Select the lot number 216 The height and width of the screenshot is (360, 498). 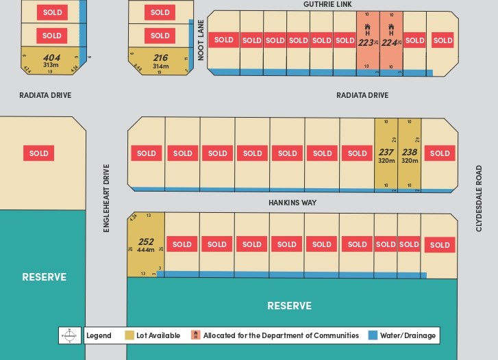(x=160, y=58)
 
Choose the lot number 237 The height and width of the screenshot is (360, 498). (x=386, y=153)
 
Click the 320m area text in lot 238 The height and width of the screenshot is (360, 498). (x=410, y=161)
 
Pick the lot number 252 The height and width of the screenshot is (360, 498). (x=146, y=242)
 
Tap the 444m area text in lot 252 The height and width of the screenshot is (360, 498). (x=146, y=250)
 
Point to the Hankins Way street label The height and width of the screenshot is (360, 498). (x=293, y=203)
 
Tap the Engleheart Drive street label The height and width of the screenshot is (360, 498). (x=107, y=198)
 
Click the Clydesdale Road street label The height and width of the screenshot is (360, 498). (x=479, y=198)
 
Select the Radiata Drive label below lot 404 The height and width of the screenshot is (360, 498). (x=45, y=95)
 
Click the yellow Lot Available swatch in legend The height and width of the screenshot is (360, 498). (x=129, y=335)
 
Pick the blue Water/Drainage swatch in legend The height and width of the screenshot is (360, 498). (x=373, y=335)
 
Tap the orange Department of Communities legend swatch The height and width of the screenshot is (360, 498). (x=196, y=335)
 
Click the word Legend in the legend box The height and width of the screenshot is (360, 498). (x=99, y=335)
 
